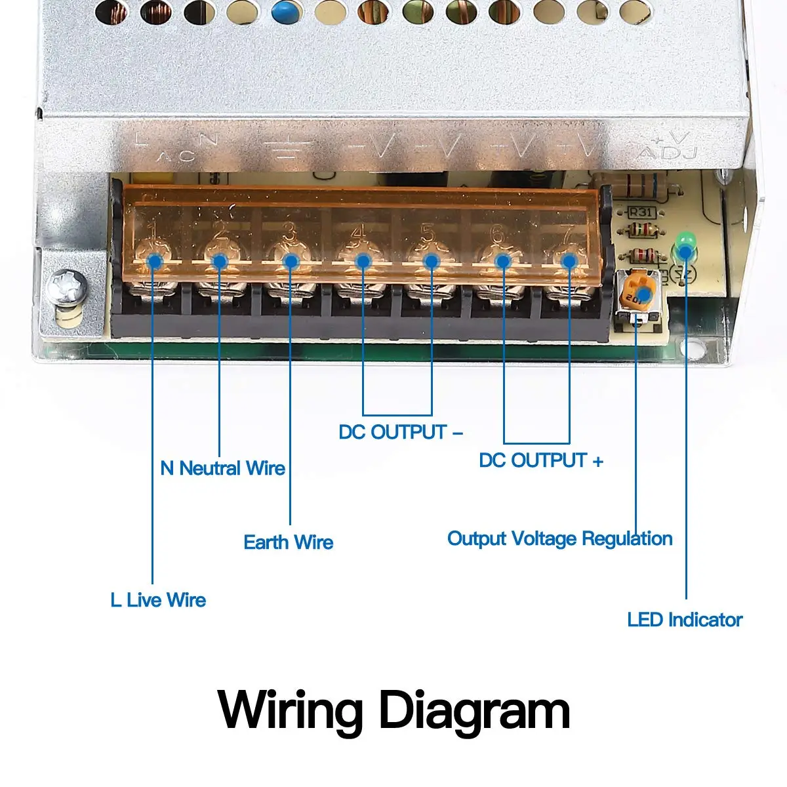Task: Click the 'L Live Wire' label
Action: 158,599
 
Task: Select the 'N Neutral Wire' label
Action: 222,468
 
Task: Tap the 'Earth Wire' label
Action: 288,542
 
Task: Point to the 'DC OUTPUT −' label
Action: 401,432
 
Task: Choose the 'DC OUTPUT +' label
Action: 540,460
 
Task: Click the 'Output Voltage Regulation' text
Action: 559,538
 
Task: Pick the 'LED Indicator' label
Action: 684,620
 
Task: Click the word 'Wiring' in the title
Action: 291,711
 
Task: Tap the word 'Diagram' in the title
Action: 475,711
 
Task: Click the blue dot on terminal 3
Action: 291,261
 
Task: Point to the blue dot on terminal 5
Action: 431,261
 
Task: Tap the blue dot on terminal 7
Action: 569,261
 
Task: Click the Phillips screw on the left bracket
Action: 66,287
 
